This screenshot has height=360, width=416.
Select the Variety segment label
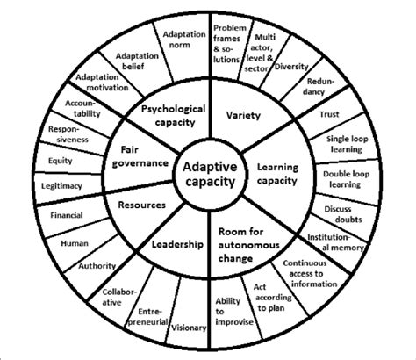pos(244,115)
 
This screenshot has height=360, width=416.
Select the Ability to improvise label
pos(227,313)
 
